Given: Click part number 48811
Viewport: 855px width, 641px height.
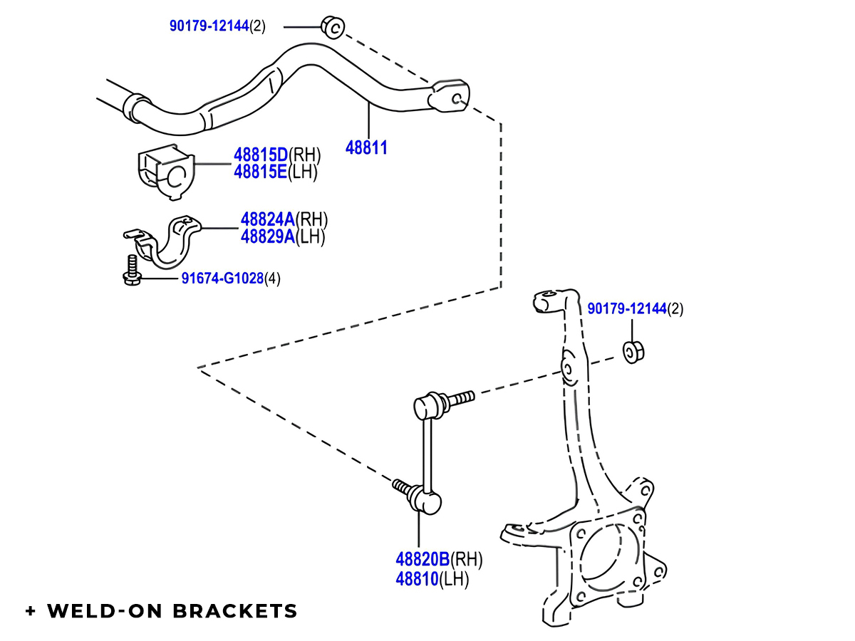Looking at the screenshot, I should point(366,148).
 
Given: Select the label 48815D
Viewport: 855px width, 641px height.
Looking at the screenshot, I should point(260,155).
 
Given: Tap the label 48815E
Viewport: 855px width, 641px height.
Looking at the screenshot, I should point(260,172).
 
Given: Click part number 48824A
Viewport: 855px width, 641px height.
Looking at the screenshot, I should point(267,219).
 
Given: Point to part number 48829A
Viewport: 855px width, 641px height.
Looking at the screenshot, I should point(267,236).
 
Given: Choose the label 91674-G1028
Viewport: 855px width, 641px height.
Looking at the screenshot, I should point(222,278).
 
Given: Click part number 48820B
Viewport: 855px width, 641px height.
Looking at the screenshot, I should point(423,560).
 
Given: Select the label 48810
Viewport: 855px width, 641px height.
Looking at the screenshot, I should point(417,579).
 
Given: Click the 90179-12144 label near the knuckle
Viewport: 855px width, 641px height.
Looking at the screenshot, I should point(626,309).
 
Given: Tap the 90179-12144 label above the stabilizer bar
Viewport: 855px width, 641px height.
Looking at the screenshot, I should point(208,26).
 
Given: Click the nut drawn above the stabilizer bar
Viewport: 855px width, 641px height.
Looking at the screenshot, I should point(332,26).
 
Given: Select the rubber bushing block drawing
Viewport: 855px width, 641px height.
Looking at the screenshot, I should point(164,172).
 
